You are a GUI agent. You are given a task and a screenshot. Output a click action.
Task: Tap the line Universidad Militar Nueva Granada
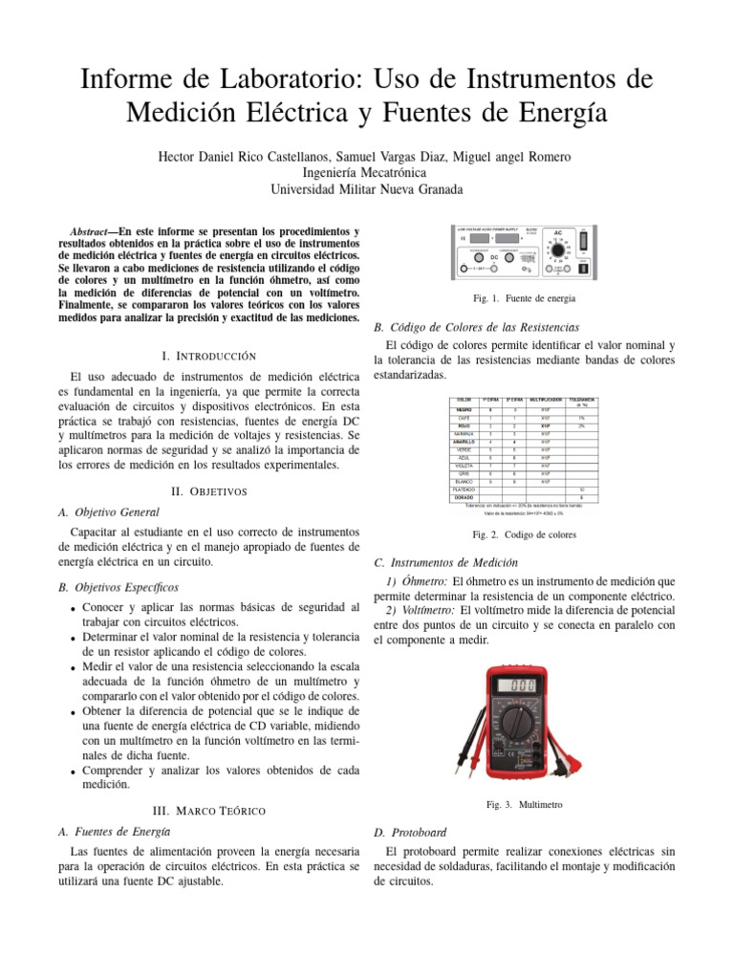[x=367, y=189]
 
